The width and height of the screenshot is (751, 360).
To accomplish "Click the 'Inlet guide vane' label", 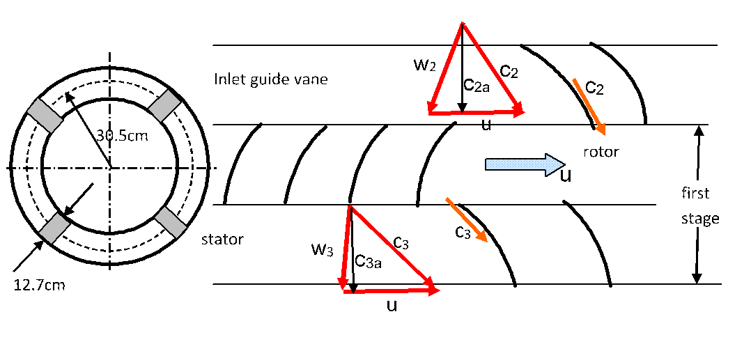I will [x=270, y=79].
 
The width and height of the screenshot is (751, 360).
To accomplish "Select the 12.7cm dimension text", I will [x=39, y=284].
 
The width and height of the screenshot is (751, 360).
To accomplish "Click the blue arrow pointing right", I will [x=524, y=164].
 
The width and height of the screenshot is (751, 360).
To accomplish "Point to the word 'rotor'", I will [x=601, y=151].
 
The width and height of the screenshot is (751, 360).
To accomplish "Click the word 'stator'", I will [x=222, y=240].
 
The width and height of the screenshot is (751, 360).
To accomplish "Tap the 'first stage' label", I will [x=699, y=205].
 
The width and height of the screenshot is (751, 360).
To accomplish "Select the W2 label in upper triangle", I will [x=425, y=66].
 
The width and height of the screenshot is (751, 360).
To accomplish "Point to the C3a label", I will [x=369, y=260].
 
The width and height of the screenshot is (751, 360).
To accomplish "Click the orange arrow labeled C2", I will [x=589, y=106].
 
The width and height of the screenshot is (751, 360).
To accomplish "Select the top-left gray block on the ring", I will [x=44, y=114].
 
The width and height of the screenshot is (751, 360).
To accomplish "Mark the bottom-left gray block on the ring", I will [x=54, y=228].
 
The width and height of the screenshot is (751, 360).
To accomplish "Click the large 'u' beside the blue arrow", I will [x=566, y=175].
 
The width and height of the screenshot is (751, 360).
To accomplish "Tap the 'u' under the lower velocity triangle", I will [x=392, y=306].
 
